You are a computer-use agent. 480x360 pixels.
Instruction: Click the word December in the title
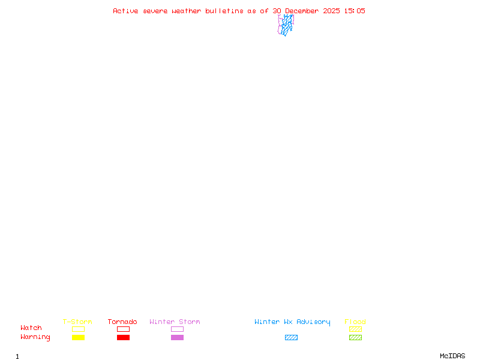302,11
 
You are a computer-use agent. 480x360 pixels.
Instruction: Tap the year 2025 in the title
332,11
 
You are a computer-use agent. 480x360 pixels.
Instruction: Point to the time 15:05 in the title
355,11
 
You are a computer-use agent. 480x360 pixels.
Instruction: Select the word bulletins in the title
224,11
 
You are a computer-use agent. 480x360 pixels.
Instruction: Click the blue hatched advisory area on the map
287,25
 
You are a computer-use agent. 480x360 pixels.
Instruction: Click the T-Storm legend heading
77,322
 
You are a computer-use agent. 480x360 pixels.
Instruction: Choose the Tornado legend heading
122,322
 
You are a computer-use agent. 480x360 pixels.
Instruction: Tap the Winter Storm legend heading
175,322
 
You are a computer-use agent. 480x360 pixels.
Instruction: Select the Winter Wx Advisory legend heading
292,322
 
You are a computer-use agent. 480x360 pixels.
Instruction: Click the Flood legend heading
355,322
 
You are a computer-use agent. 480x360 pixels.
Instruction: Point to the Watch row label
31,328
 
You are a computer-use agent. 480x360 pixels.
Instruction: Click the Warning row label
35,337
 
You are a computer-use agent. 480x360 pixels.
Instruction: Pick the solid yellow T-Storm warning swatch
79,337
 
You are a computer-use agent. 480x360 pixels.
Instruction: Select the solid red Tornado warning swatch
124,337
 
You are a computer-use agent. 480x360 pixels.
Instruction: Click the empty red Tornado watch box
124,326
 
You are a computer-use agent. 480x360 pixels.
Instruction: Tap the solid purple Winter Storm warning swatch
177,337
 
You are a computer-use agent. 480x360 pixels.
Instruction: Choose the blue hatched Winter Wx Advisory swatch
291,337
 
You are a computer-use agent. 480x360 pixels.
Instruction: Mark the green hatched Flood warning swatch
355,337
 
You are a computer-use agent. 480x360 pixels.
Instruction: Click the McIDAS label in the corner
452,356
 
